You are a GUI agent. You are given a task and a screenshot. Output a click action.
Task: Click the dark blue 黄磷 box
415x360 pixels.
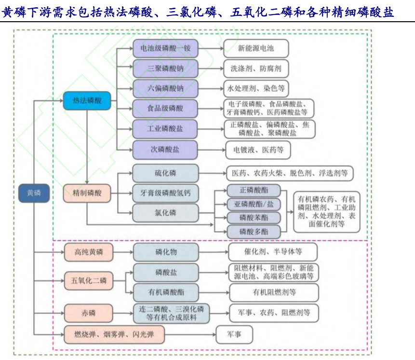34,193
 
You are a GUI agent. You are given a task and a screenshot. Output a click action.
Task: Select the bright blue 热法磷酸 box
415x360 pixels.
87,100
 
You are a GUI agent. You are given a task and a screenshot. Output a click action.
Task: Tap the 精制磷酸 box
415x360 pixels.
87,193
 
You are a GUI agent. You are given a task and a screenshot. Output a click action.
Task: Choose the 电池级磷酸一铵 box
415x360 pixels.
165,48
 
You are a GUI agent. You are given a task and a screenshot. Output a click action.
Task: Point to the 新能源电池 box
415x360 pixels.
256,48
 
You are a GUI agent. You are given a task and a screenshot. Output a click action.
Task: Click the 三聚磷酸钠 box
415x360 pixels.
165,69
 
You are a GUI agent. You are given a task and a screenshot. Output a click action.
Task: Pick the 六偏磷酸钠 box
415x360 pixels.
165,88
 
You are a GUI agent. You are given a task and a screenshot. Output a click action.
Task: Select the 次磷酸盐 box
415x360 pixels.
165,150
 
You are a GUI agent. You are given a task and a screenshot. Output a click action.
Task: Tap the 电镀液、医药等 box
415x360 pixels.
258,150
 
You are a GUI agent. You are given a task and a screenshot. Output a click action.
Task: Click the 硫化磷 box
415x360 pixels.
165,173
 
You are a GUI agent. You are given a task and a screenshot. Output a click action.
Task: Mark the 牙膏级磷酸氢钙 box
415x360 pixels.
165,193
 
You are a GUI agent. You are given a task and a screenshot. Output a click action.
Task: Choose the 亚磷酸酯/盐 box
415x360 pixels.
254,204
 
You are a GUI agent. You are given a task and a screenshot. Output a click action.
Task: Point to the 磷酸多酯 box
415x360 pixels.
254,232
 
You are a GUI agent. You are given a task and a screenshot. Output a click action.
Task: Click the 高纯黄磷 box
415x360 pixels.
89,252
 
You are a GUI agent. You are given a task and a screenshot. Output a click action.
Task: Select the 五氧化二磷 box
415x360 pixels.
89,280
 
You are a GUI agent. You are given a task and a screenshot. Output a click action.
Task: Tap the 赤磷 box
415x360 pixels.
89,313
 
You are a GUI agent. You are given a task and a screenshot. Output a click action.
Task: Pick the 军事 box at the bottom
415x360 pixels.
234,334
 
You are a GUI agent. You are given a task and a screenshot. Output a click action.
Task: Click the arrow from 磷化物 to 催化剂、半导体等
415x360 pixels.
214,252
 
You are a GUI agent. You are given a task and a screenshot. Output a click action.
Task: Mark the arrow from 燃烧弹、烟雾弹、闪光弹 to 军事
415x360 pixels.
190,334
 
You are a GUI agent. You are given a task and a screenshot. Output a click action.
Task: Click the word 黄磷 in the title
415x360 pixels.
14,12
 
